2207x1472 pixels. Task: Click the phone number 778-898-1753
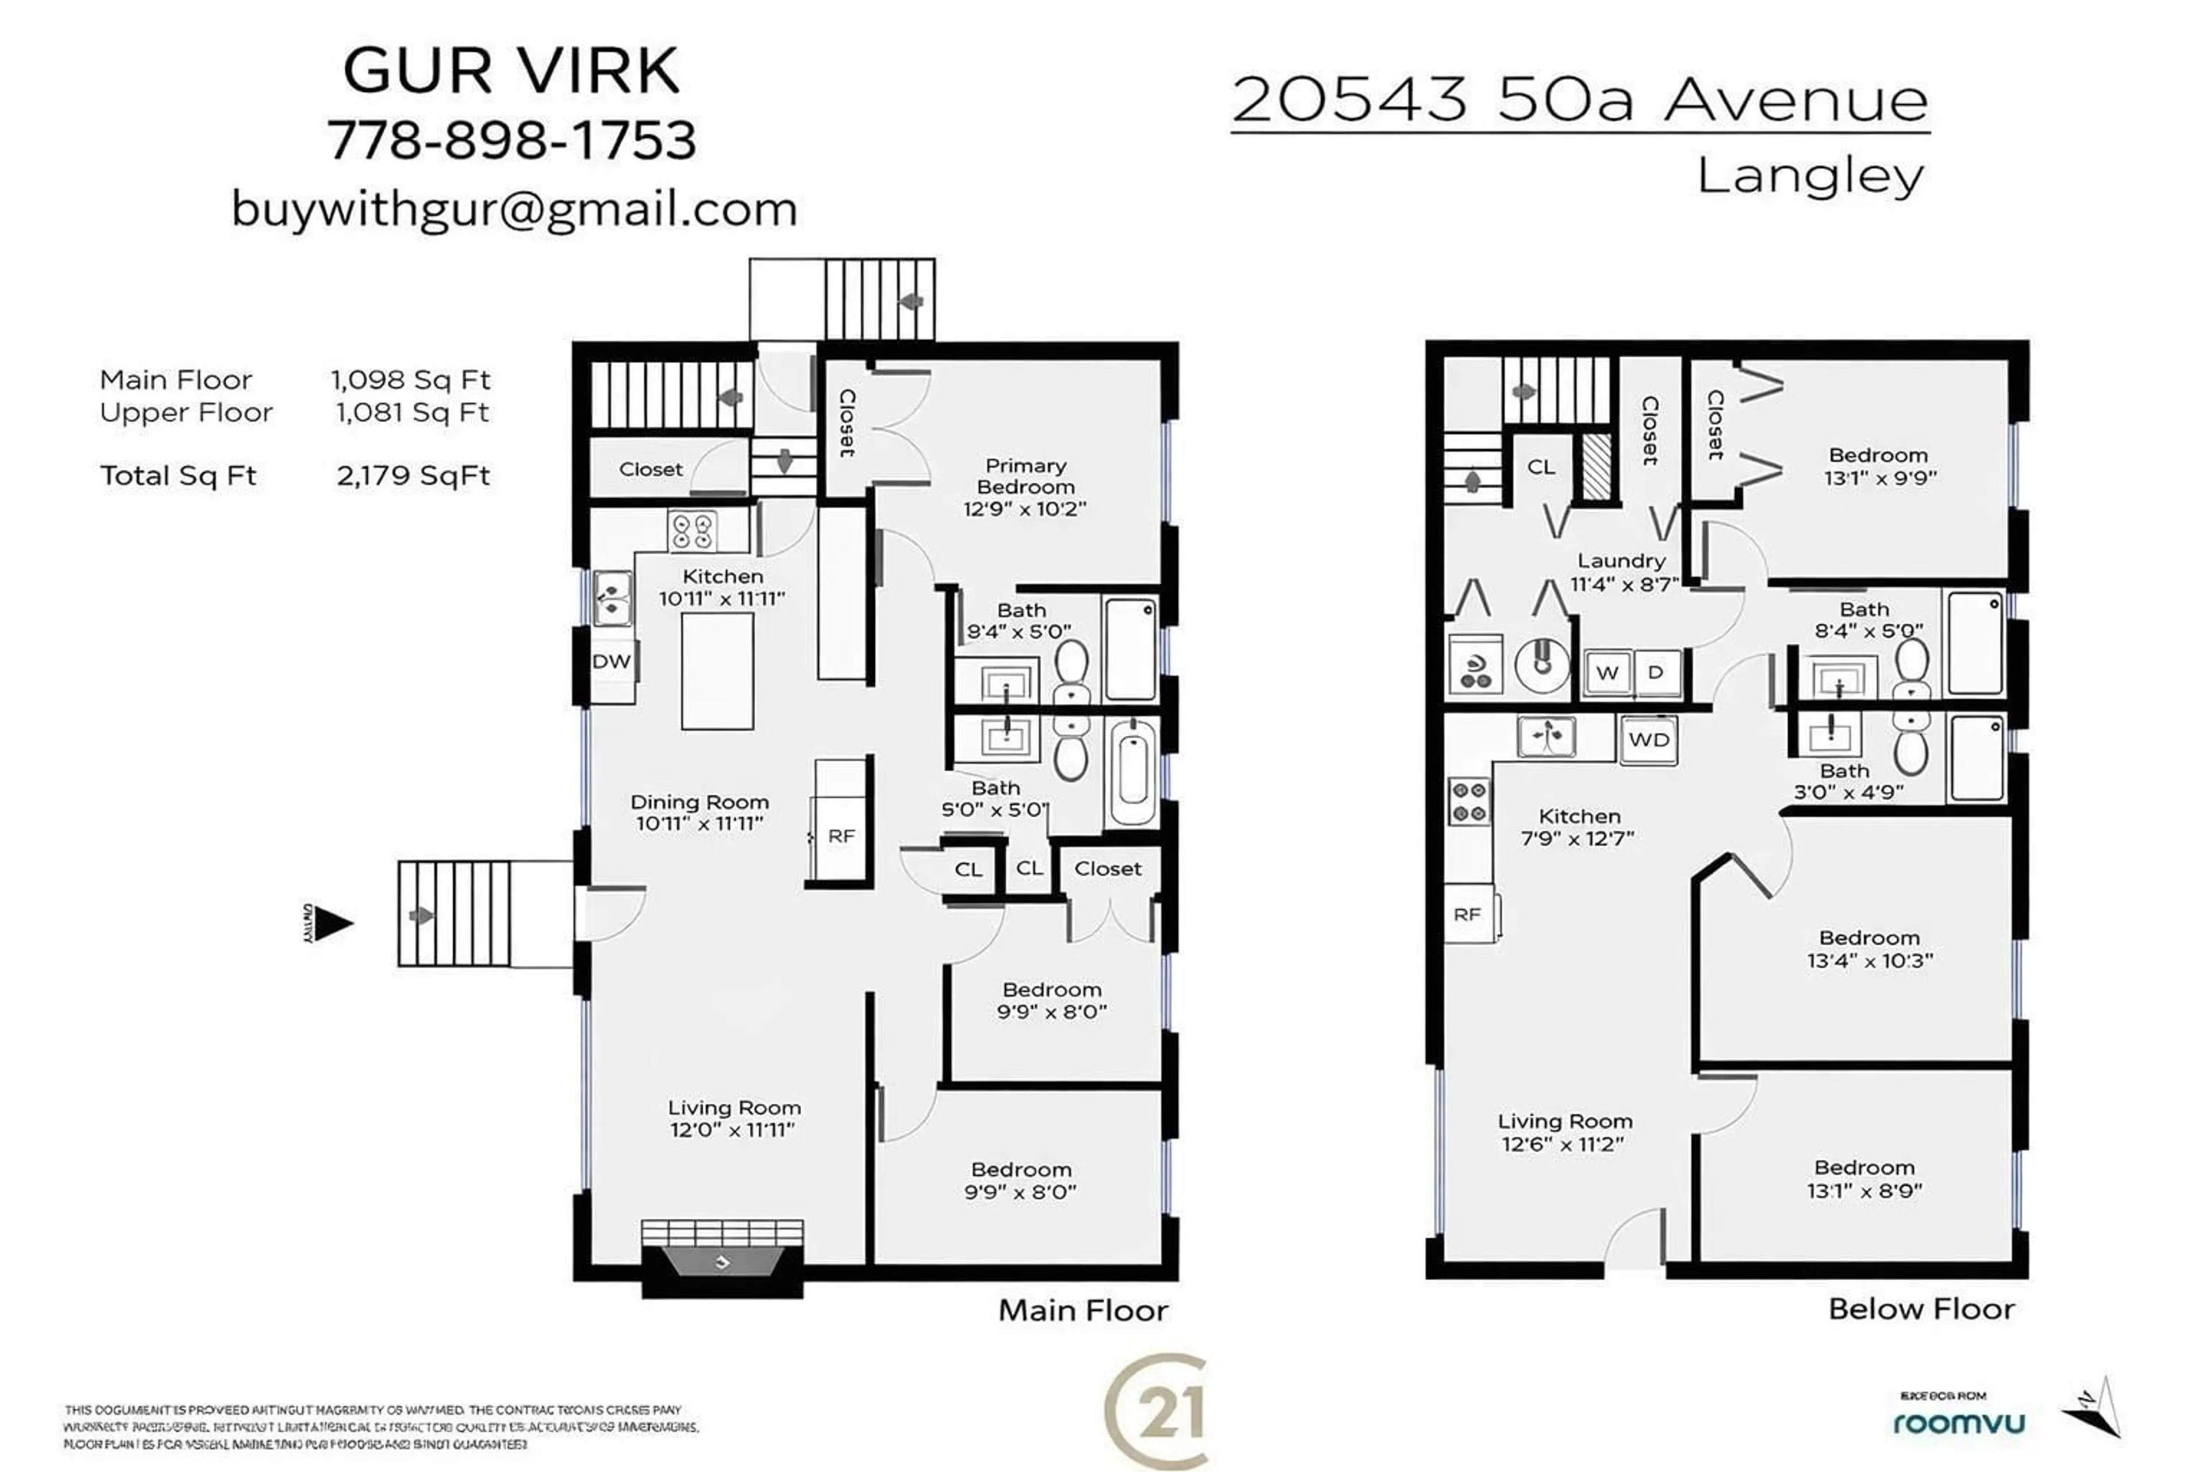(x=512, y=141)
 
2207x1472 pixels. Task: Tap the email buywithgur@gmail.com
(x=514, y=208)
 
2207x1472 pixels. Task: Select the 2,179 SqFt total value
(x=413, y=476)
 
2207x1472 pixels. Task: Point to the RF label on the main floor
(x=841, y=835)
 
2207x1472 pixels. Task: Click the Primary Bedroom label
(x=1025, y=487)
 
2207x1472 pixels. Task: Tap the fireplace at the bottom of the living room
(x=722, y=1260)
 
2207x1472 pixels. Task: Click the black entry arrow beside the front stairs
(x=330, y=923)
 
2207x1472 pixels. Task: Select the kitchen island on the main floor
(x=717, y=670)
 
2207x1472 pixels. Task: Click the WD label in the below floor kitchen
(x=1649, y=740)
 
